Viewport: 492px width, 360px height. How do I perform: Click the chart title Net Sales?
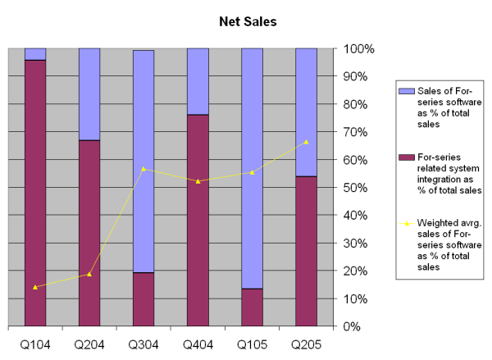coord(247,22)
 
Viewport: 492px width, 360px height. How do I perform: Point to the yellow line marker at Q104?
coord(35,287)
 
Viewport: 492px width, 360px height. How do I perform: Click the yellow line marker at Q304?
coord(143,169)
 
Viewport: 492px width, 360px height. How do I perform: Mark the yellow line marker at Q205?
coord(306,142)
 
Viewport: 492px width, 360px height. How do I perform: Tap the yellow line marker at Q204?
coord(89,274)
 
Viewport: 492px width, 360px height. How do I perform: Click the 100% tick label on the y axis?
coord(358,48)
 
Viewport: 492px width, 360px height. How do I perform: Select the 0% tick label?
coord(364,326)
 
